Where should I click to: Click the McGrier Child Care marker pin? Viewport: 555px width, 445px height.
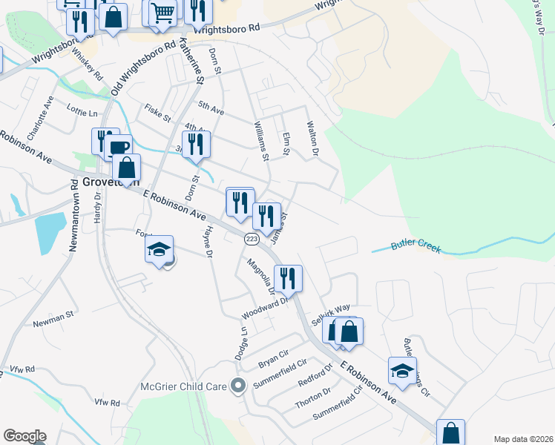click(238, 386)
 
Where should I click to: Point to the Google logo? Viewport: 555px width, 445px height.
click(24, 436)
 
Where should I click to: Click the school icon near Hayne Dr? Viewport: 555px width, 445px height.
click(159, 249)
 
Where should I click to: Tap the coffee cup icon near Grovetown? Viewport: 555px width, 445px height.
click(117, 147)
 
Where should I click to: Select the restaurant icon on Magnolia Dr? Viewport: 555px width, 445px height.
click(288, 278)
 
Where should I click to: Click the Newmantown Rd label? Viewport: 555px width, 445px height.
click(74, 215)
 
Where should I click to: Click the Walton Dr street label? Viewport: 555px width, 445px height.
click(312, 141)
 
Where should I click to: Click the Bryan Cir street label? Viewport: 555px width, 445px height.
click(272, 360)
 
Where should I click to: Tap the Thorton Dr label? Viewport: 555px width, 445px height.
click(313, 398)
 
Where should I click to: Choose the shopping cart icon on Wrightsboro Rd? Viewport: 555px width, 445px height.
click(162, 12)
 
